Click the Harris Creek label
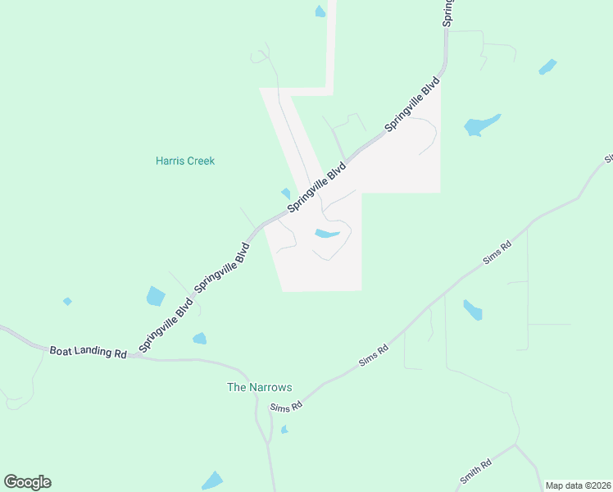[x=185, y=161]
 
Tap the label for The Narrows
[x=259, y=387]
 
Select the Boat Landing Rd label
[x=89, y=352]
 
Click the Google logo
[x=27, y=482]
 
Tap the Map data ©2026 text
[x=577, y=485]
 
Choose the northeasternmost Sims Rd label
[x=497, y=251]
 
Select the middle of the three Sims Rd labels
[x=373, y=354]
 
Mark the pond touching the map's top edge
[x=320, y=11]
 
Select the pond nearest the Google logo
[x=212, y=481]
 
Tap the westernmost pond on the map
[x=67, y=302]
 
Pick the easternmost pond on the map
[x=547, y=67]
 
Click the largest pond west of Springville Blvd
[x=156, y=296]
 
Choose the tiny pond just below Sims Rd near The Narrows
[x=284, y=429]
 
